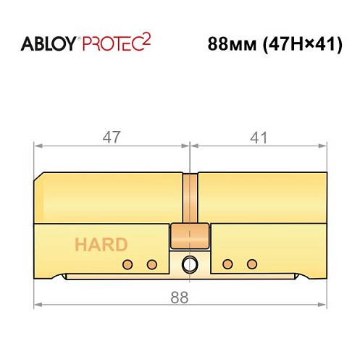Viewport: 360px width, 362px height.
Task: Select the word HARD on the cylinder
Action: tap(99, 244)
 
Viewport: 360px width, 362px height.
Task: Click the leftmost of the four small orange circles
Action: tap(127, 263)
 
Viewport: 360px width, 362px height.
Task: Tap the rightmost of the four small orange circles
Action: tap(252, 263)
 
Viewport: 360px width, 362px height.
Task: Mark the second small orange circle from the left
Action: tap(152, 263)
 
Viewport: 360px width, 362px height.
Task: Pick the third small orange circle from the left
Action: tap(227, 263)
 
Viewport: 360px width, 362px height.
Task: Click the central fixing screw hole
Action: tap(190, 263)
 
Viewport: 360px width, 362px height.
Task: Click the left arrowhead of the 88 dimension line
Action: tap(38, 304)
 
